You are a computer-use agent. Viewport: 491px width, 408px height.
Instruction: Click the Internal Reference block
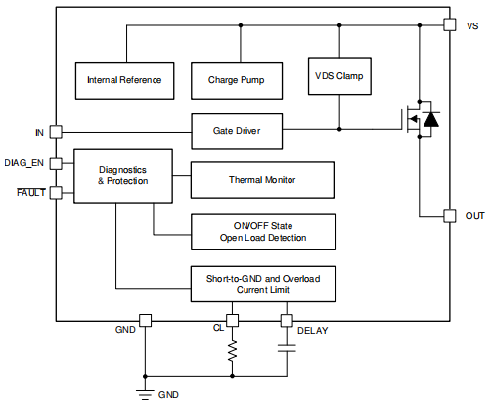(x=124, y=79)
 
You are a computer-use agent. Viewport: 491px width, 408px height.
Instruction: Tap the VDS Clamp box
(x=339, y=75)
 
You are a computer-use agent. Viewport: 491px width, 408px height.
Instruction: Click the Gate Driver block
(x=235, y=129)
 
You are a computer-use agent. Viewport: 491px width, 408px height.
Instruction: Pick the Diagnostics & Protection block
(x=123, y=175)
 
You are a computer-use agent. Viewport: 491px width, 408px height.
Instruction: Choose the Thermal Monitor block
(x=262, y=180)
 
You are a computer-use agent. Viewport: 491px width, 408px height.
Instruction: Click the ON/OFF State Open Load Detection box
(x=262, y=232)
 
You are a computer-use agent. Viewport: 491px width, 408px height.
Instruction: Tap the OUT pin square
(x=449, y=215)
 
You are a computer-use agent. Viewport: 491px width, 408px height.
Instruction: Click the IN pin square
(x=56, y=130)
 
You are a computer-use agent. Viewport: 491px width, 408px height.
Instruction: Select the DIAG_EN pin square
(x=56, y=163)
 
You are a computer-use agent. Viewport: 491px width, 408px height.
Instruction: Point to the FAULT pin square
(x=56, y=192)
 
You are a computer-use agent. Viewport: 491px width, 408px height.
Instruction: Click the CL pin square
(x=233, y=320)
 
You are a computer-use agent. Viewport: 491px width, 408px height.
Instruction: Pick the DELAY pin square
(x=288, y=320)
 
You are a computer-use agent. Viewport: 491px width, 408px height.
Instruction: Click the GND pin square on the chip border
(x=145, y=320)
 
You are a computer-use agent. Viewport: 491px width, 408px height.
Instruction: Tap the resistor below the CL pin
(x=233, y=351)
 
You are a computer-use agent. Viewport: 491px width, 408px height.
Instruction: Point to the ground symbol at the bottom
(x=145, y=392)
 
